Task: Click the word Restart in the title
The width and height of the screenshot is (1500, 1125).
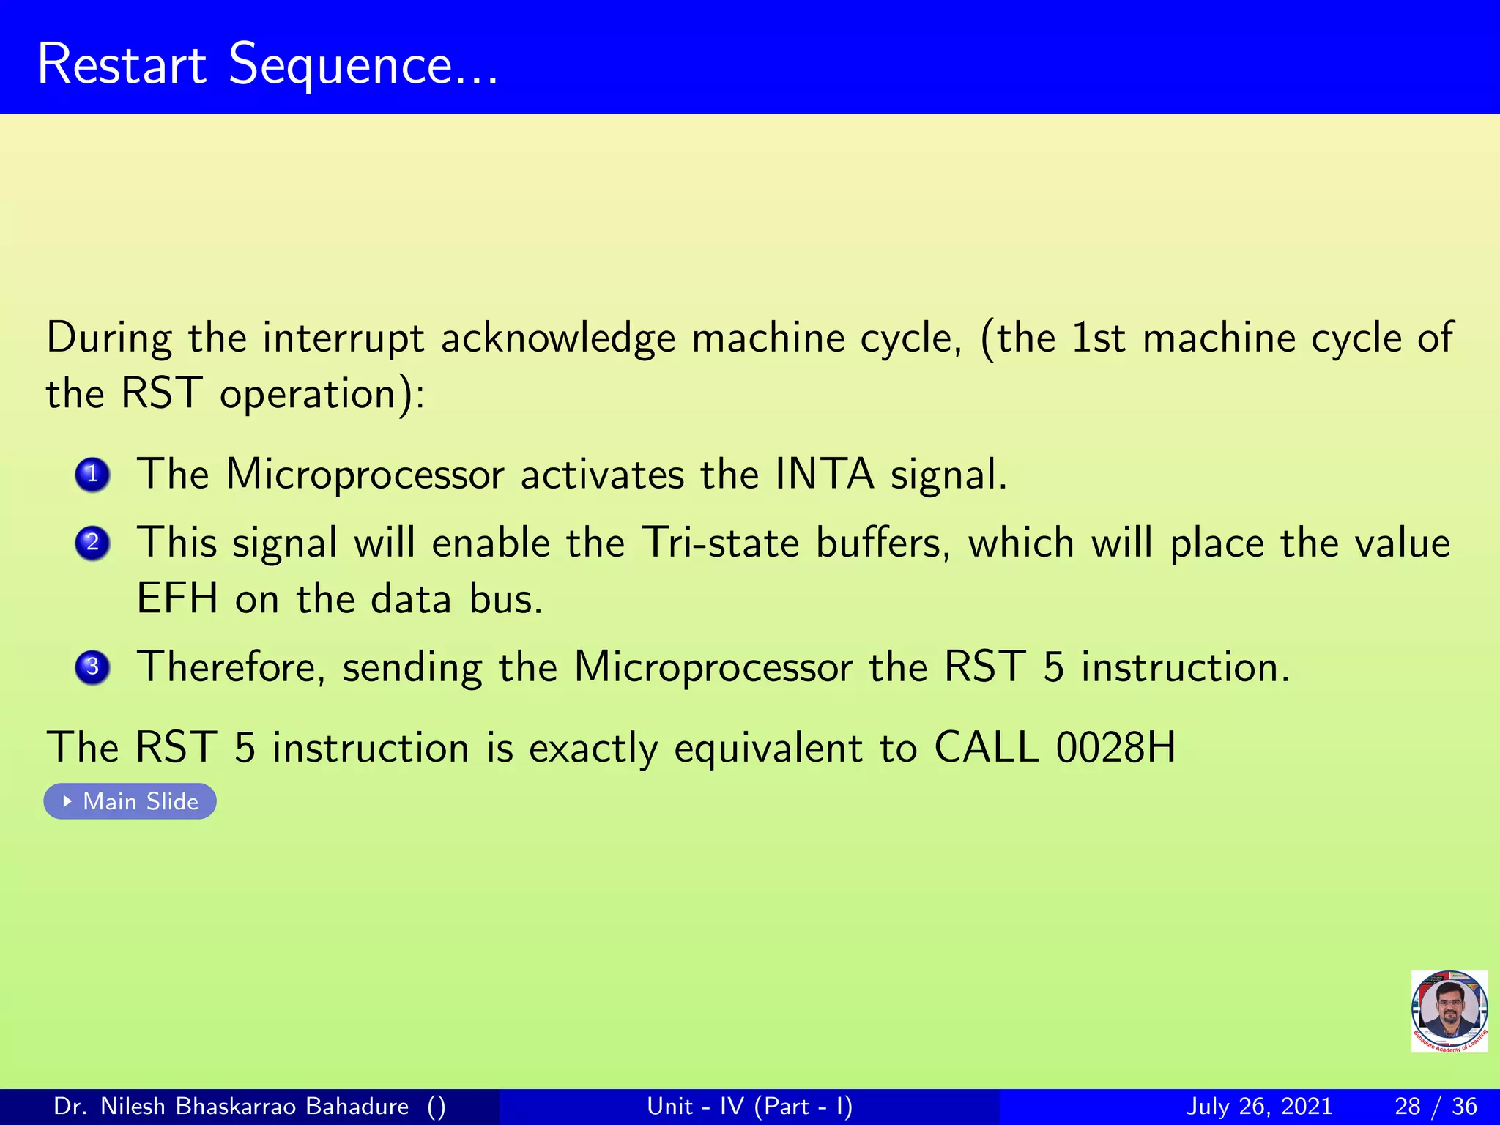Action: [x=122, y=64]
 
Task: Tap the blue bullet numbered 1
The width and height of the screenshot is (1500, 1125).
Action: [x=92, y=475]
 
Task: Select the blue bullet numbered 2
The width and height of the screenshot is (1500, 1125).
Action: [x=92, y=543]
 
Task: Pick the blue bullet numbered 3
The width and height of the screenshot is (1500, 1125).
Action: [x=92, y=667]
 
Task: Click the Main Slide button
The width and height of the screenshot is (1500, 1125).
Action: [x=130, y=801]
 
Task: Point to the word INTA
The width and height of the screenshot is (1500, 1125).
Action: [x=824, y=474]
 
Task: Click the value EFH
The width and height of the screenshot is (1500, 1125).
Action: [x=177, y=598]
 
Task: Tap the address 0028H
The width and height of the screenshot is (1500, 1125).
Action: [x=1115, y=748]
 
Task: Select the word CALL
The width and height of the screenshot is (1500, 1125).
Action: [x=986, y=748]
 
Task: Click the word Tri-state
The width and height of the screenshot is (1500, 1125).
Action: [x=721, y=543]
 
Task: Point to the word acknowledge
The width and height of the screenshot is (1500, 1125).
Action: [x=557, y=339]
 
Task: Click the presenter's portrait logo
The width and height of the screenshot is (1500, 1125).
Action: [x=1449, y=1011]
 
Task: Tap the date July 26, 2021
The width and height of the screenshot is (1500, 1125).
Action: [x=1258, y=1106]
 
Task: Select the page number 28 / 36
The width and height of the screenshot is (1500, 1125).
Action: [x=1436, y=1106]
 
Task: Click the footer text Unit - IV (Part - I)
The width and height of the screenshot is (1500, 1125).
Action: [x=749, y=1106]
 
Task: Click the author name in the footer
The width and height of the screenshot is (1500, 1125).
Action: [x=231, y=1106]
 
